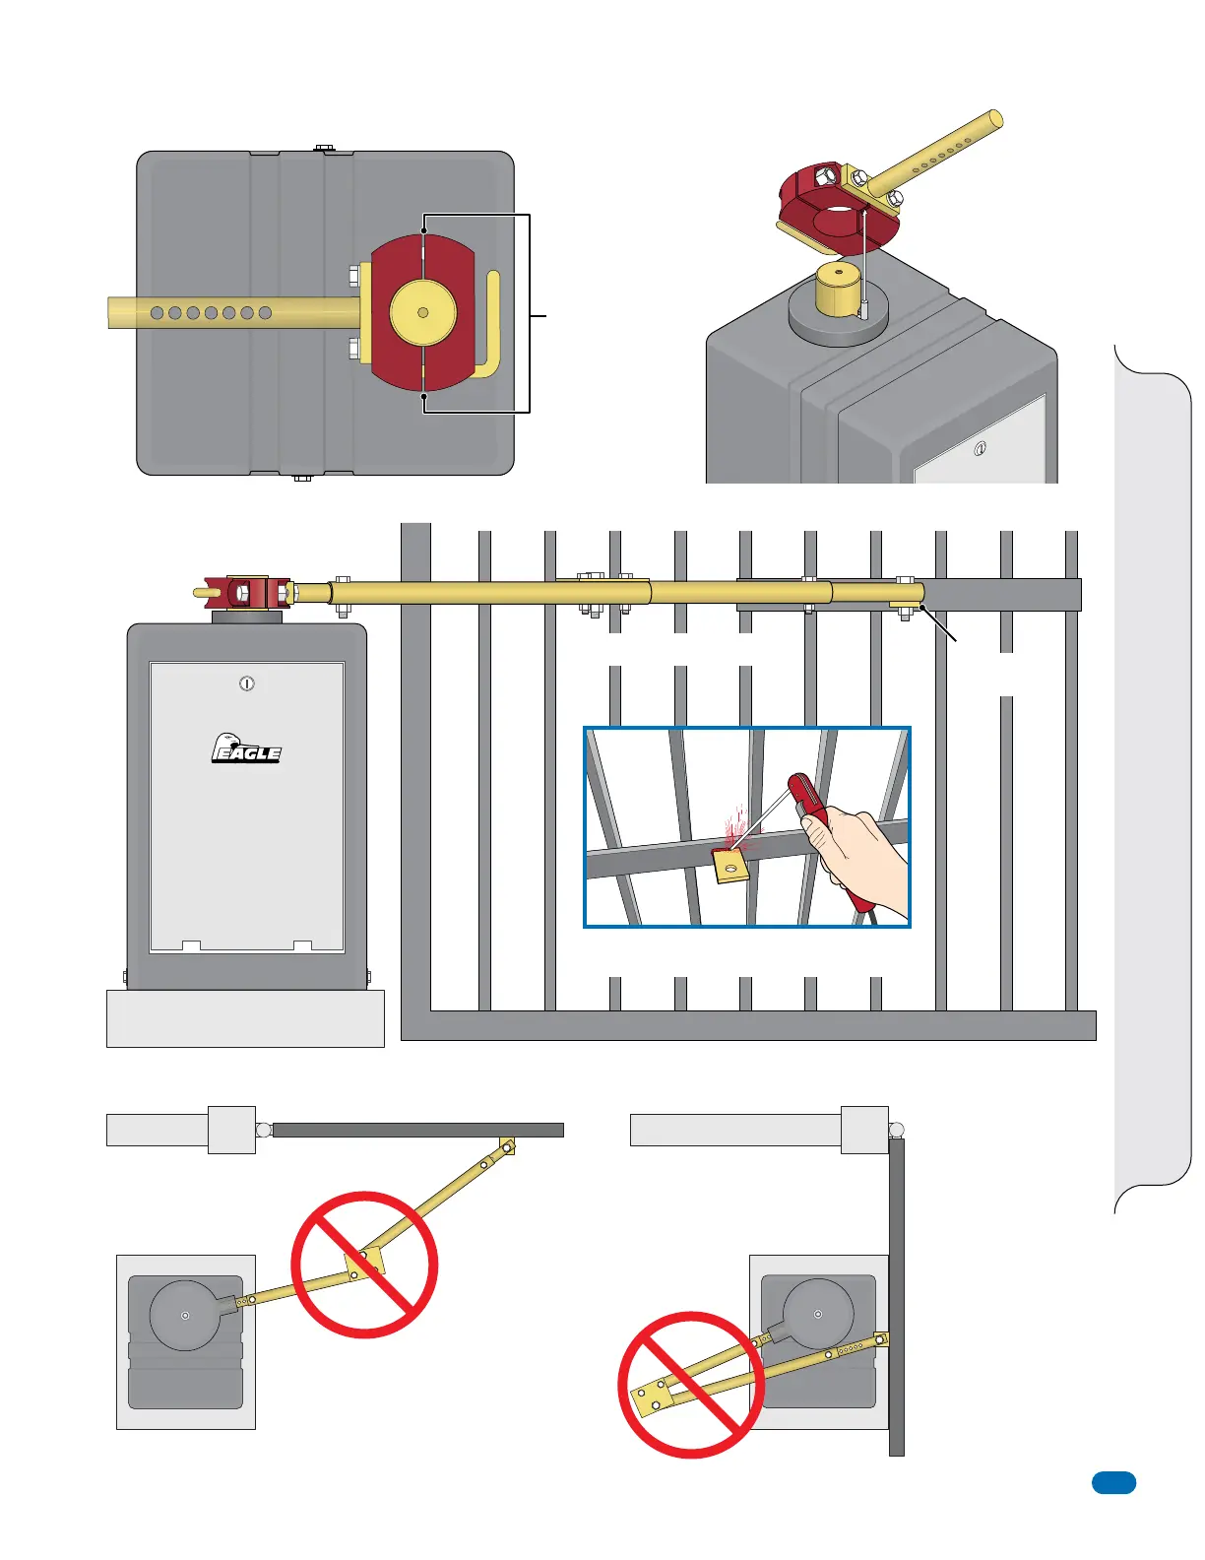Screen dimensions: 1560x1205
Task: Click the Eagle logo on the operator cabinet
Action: [246, 749]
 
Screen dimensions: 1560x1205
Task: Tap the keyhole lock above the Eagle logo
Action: [247, 682]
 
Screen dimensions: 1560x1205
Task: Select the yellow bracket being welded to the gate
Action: [729, 866]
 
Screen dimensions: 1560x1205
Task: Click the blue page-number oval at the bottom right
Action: [1113, 1482]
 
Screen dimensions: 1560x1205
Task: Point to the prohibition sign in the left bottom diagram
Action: [364, 1265]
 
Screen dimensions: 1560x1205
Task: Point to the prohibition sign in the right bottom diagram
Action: [691, 1385]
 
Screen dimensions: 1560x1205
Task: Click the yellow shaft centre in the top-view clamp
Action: [423, 312]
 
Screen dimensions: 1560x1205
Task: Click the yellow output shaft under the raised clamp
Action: [838, 291]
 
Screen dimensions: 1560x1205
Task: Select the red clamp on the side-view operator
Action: [246, 593]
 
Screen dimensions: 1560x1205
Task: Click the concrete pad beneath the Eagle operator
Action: [245, 1019]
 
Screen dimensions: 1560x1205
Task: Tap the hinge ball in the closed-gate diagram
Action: [264, 1130]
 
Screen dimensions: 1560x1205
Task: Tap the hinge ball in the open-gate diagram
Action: [896, 1130]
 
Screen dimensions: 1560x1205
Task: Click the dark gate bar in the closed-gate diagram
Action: [417, 1130]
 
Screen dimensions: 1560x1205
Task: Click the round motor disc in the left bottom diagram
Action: [185, 1316]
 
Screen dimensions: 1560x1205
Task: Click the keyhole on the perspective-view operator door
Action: [980, 449]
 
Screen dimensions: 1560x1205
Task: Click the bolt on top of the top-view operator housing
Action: [324, 149]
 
